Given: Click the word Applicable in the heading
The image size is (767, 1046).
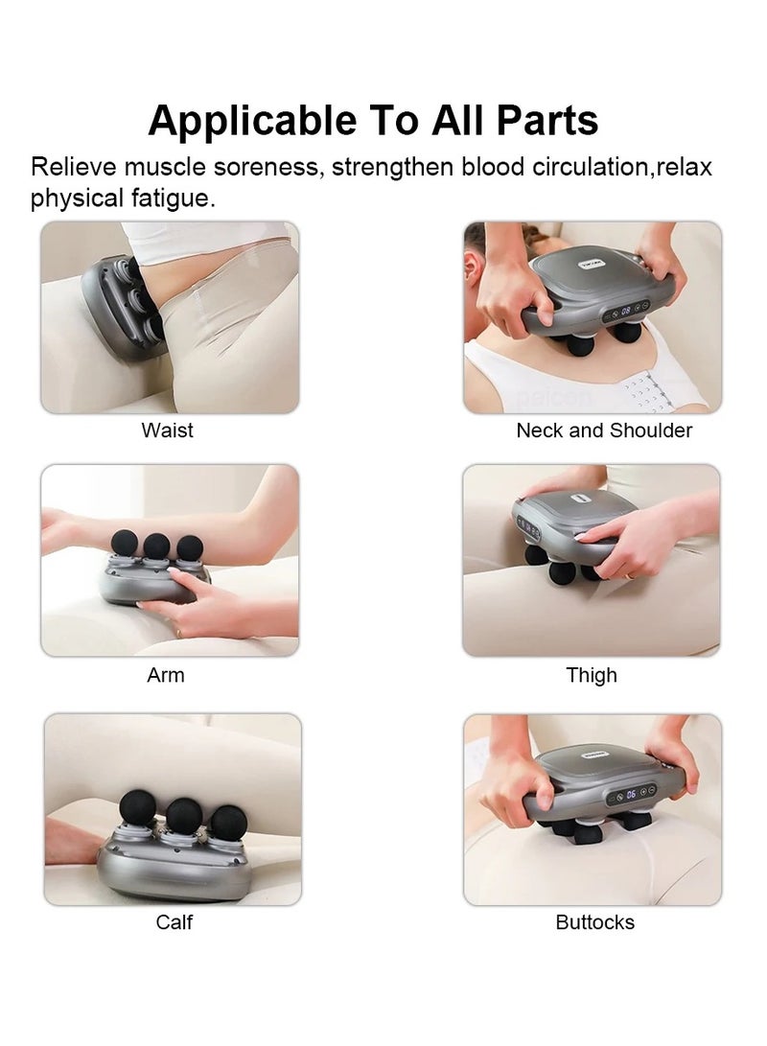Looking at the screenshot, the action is click(x=252, y=122).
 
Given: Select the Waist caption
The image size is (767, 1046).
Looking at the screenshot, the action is click(x=168, y=430).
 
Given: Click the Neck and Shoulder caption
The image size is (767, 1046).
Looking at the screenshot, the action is click(x=604, y=430).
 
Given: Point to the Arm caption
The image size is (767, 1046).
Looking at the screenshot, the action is click(x=166, y=675).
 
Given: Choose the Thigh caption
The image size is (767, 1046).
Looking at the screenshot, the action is click(x=592, y=676).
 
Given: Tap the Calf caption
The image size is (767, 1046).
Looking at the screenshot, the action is click(x=174, y=922).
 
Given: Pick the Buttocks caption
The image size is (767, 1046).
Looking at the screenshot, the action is click(x=595, y=922).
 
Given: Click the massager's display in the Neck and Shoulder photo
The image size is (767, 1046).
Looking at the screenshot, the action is click(x=626, y=311).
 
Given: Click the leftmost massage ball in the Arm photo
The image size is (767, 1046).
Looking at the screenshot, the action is click(x=124, y=543).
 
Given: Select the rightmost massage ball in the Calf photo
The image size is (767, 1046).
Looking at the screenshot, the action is click(x=228, y=823).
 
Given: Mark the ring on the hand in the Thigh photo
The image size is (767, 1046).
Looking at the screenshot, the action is click(x=627, y=574).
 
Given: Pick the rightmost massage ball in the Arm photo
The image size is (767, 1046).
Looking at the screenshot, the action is click(x=190, y=547).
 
